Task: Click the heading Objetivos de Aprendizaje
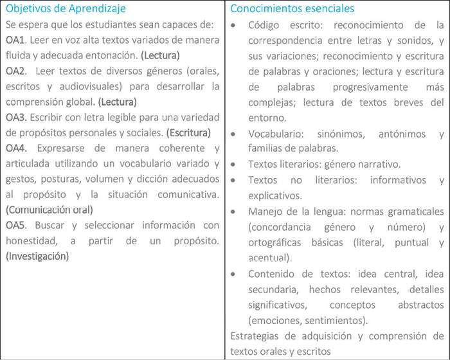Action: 66,9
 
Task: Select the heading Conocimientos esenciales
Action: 292,9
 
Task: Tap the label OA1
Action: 17,40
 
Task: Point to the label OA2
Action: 17,70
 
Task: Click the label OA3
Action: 17,116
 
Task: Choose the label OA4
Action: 17,148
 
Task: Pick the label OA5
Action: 17,225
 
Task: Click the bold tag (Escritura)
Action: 188,132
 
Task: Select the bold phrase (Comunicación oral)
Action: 49,210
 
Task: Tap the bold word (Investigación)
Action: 37,256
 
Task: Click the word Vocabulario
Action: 274,133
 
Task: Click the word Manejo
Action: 265,211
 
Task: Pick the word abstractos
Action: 415,303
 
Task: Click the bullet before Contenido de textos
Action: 236,273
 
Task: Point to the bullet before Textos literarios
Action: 236,164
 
